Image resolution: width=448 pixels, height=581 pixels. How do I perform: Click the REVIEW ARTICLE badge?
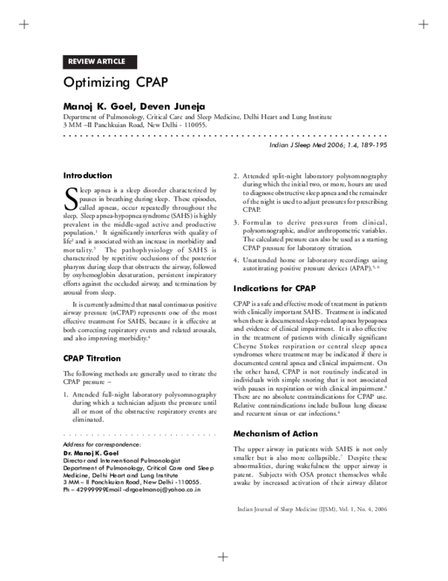tap(96, 61)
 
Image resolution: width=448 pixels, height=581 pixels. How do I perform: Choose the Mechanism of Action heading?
tap(276, 434)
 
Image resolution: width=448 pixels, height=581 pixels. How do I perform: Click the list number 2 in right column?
tap(236, 176)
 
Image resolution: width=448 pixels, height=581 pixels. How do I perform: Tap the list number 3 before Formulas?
tap(236, 223)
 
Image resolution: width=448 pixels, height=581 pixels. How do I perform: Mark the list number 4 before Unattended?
tap(236, 259)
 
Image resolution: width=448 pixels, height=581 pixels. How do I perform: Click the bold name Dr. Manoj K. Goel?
tap(94, 454)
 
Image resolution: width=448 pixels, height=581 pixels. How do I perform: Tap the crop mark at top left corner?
tap(25, 25)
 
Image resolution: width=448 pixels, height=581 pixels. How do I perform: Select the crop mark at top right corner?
tap(423, 25)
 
